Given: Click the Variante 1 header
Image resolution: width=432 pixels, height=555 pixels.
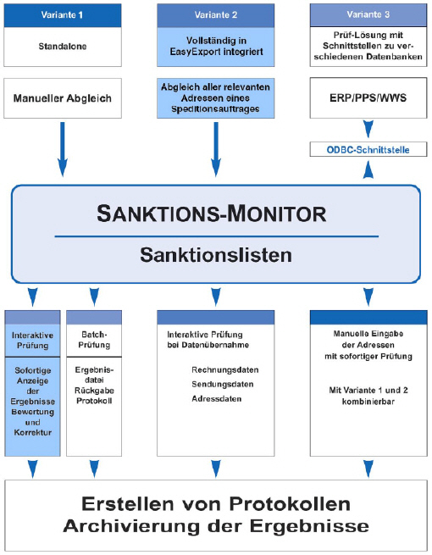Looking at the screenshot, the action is click(x=63, y=15).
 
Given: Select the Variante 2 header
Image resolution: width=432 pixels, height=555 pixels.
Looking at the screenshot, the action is click(x=215, y=15).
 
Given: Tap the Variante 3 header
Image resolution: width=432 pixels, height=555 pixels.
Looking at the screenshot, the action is click(x=368, y=15).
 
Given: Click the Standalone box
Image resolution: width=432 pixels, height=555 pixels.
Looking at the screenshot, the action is click(x=63, y=47).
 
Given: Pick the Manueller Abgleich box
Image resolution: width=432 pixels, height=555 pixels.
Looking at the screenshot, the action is click(x=63, y=98).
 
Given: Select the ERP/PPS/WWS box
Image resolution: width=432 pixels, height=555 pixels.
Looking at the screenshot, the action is click(x=368, y=97).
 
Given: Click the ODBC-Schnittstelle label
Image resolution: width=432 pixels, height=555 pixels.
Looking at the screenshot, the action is click(x=368, y=150).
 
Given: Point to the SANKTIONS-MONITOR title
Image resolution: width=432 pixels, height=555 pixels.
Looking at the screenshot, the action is click(x=212, y=214).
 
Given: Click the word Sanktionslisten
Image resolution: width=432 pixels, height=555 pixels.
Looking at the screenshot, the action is click(x=216, y=255).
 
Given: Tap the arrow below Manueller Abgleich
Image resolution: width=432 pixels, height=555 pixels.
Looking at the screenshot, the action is click(x=63, y=149).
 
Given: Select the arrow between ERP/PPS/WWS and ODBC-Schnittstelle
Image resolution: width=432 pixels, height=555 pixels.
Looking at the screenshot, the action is click(x=368, y=129).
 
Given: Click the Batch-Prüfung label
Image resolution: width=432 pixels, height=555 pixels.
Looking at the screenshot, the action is click(x=94, y=340).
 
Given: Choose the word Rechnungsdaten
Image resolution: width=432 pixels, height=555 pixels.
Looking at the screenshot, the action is click(x=225, y=370).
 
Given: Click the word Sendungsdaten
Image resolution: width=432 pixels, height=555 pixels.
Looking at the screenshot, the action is click(x=223, y=384).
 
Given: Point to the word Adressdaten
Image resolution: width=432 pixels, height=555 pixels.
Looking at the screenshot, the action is click(x=217, y=399).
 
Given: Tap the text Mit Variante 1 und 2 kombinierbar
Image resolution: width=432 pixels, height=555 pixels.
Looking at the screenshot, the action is click(x=368, y=396).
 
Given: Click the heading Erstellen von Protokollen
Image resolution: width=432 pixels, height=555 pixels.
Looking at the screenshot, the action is click(x=216, y=503).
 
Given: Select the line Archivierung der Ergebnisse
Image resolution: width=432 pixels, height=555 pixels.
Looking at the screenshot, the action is click(x=216, y=526).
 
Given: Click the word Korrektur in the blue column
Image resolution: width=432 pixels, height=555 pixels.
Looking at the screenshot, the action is click(x=32, y=432).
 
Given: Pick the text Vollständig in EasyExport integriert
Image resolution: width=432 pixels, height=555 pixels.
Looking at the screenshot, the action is click(x=216, y=46).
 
